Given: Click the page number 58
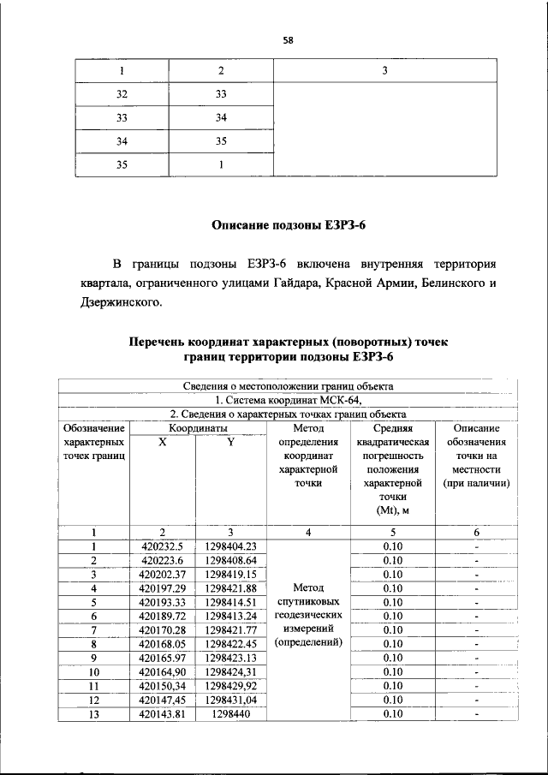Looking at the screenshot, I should (x=289, y=38).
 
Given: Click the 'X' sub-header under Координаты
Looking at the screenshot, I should (x=163, y=442).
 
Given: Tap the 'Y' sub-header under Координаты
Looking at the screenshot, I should (x=231, y=442).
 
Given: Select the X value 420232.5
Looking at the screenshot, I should (x=162, y=546).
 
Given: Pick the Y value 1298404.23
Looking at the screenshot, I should (x=231, y=546).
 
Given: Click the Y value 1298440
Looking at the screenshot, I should (x=231, y=712).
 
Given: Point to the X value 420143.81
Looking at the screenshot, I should (x=162, y=712).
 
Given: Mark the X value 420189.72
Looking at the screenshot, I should (x=162, y=616).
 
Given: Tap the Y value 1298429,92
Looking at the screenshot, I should (x=231, y=685).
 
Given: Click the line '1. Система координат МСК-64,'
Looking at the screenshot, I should (x=289, y=399).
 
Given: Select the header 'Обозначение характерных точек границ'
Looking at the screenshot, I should (x=94, y=442).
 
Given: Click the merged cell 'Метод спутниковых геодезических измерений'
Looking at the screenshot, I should (x=308, y=616).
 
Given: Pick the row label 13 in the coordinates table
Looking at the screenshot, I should (x=94, y=712).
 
